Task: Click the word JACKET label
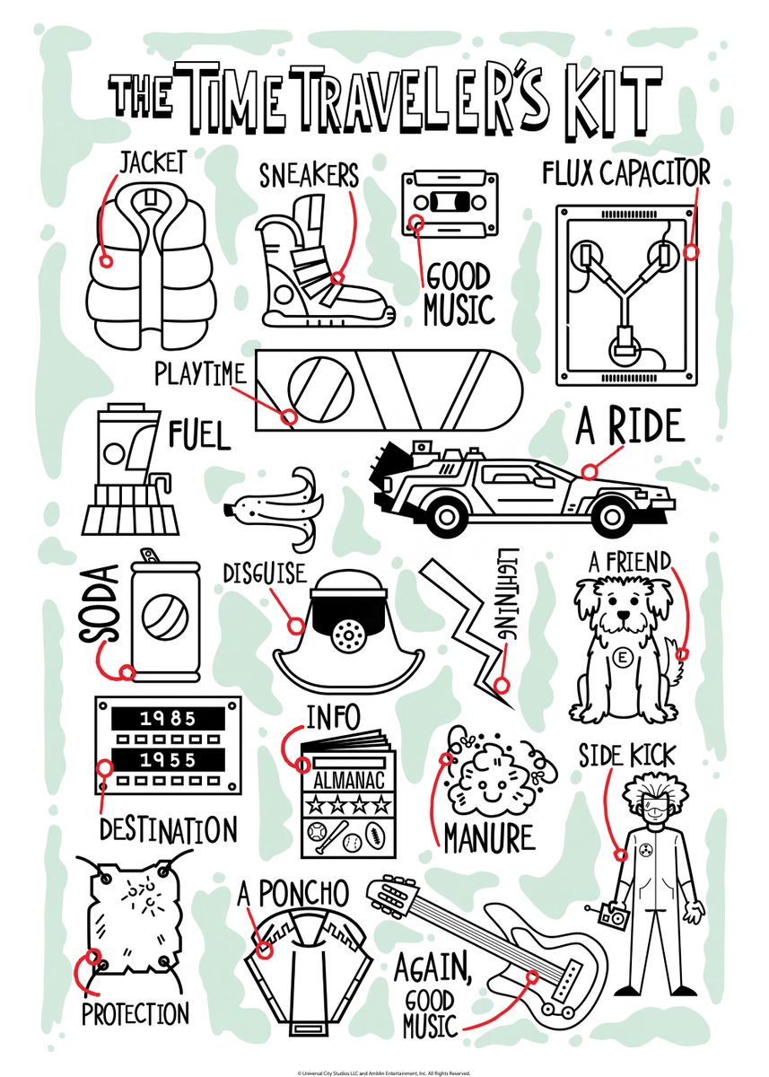[153, 162]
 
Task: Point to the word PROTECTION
[135, 1015]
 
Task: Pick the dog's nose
[622, 619]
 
